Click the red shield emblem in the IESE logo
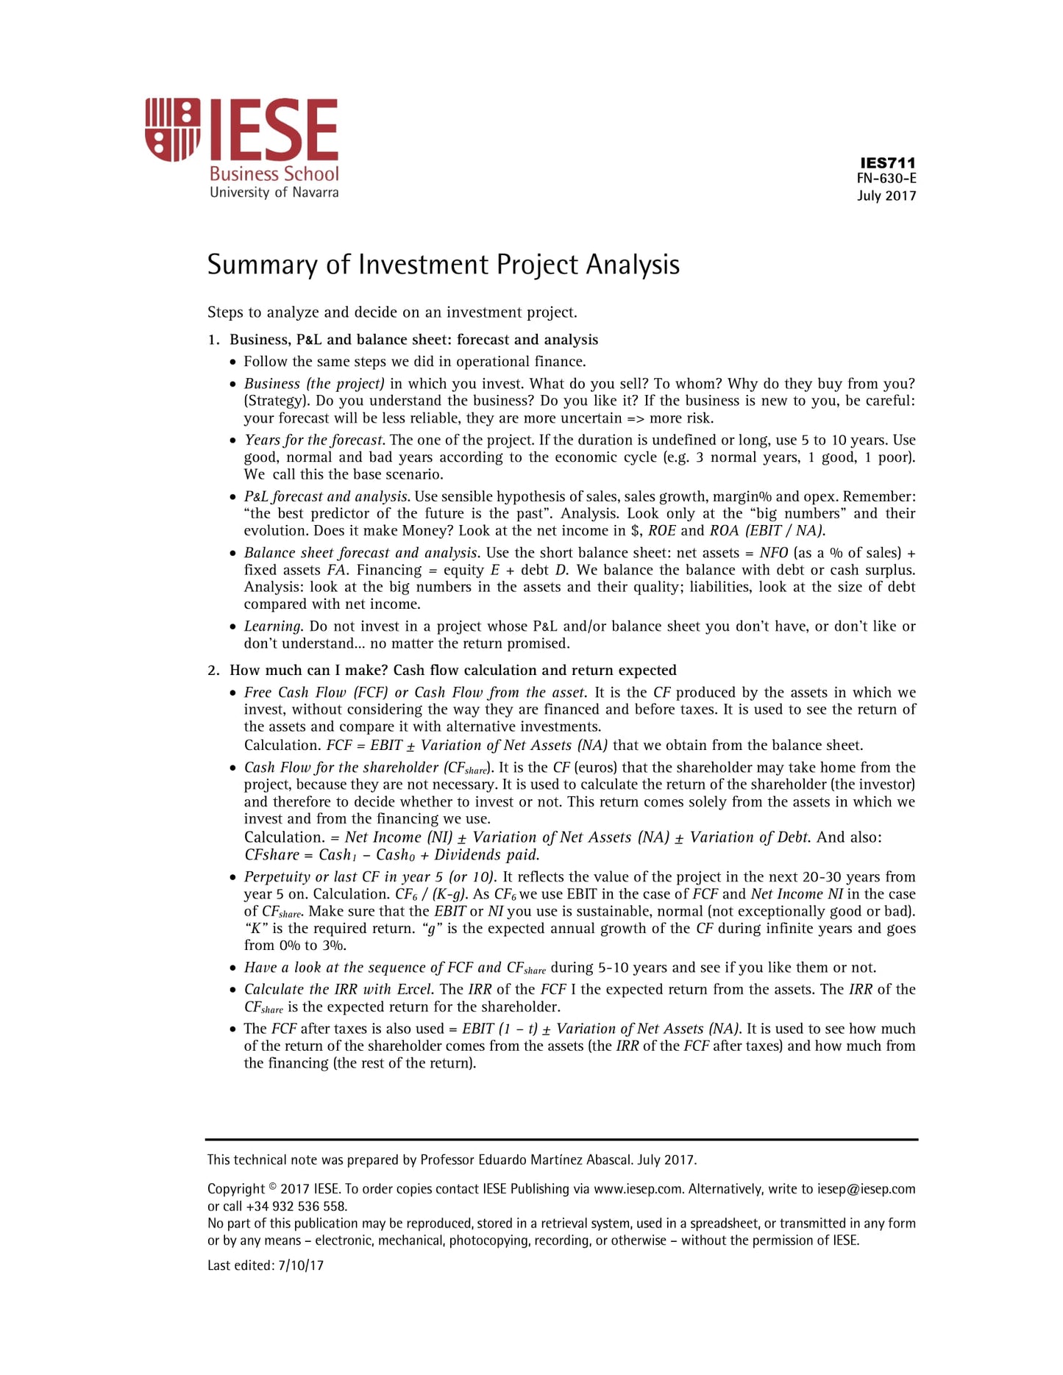[173, 130]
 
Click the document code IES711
[887, 162]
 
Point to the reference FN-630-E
[886, 179]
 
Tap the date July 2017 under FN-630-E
[886, 196]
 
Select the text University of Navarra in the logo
[274, 193]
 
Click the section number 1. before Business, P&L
[213, 340]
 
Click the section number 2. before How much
[213, 670]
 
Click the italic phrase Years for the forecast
[313, 440]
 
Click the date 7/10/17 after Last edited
[301, 1265]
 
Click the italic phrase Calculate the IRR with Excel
[338, 990]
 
